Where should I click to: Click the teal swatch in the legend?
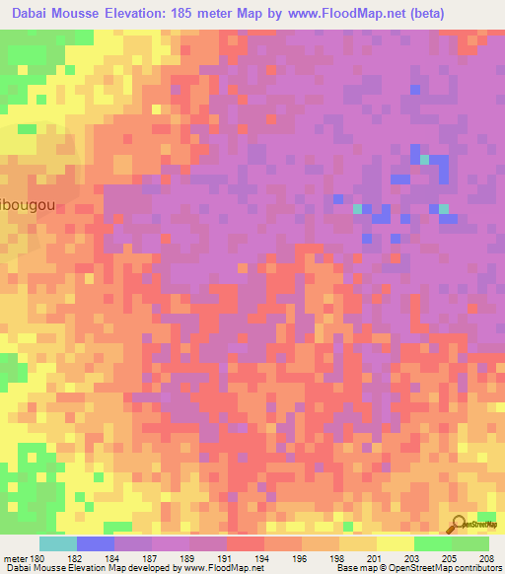[58, 543]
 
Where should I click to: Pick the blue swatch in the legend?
[96, 543]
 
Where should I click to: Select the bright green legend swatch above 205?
[432, 543]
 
